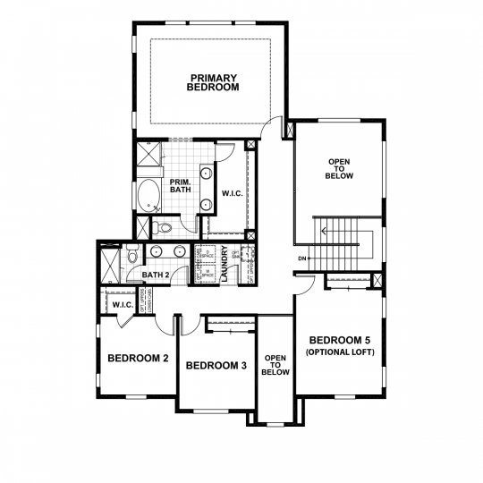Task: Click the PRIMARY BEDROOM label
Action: (x=212, y=81)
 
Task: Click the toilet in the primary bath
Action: (x=157, y=225)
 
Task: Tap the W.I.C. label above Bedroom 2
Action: (x=122, y=305)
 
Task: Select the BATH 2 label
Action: (x=156, y=275)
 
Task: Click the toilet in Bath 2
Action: (x=132, y=257)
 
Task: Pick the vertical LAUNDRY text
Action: (x=225, y=265)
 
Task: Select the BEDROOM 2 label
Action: (x=138, y=359)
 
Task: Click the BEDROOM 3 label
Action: (x=216, y=365)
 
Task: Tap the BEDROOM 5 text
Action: (x=342, y=341)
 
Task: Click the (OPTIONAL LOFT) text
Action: (x=342, y=352)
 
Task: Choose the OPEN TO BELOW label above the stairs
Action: (x=340, y=169)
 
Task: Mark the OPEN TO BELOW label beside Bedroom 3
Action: (x=275, y=364)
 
